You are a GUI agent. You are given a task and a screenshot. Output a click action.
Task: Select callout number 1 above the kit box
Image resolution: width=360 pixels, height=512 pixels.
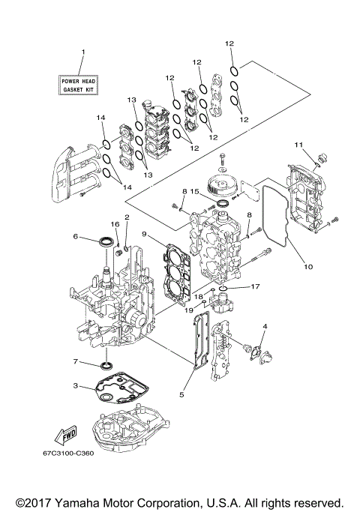point(83,52)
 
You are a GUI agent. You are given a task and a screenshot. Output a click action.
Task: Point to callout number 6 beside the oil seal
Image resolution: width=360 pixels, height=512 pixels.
point(76,236)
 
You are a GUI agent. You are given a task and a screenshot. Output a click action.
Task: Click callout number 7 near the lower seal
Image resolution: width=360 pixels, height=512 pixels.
point(76,362)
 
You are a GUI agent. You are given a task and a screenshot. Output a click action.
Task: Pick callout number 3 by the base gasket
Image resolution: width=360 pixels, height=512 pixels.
point(76,386)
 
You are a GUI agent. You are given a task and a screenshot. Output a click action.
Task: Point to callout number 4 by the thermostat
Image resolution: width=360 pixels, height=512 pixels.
point(265,326)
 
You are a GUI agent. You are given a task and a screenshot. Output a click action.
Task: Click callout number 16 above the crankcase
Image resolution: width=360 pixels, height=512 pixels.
point(115,224)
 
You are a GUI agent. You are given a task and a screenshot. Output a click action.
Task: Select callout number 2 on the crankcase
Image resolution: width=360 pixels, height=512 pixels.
point(127,217)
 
